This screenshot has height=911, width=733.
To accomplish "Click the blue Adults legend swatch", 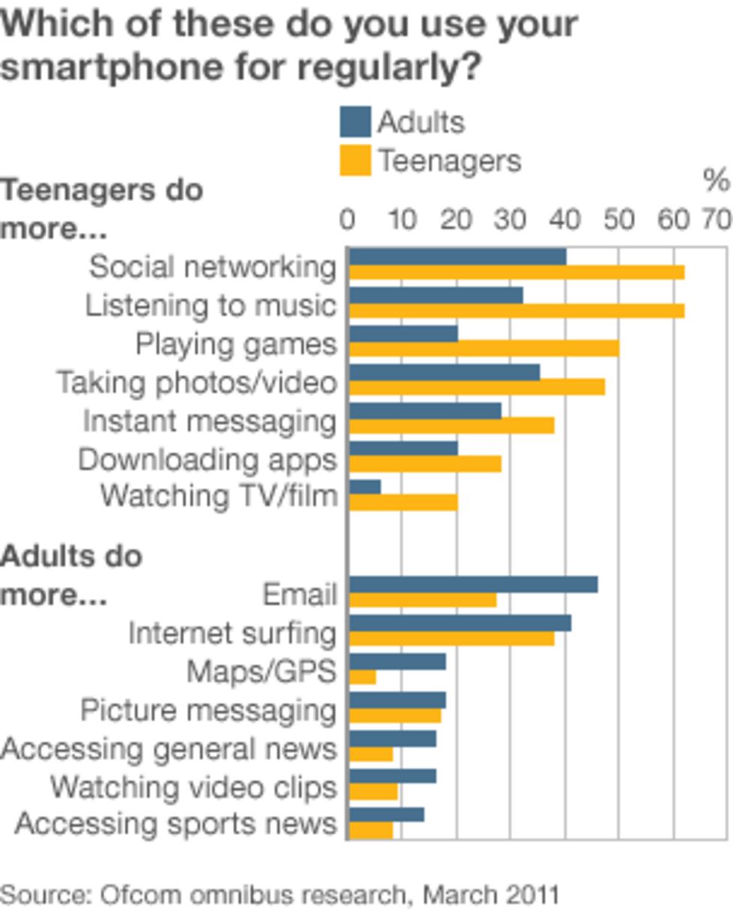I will pos(355,122).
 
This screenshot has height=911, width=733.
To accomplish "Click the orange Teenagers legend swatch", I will pos(355,161).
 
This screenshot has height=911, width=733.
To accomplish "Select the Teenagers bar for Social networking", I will pos(517,272).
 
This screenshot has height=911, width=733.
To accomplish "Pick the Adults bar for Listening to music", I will pos(436,295).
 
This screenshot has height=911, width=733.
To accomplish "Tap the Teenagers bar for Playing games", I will pos(484,348).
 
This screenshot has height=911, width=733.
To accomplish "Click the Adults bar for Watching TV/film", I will pos(365,487).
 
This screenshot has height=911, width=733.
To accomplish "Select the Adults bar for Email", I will pos(473,584).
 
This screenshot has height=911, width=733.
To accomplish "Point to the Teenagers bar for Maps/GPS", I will pos(363,677).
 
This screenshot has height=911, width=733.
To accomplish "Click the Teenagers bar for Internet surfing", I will pos(451,638).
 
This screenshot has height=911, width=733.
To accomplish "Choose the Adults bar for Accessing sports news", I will pos(386,815).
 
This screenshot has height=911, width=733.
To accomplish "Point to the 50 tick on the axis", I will pos(620,220).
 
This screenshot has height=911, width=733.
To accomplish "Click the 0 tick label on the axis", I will pos(347,220).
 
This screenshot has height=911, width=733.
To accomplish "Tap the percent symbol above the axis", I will pos(716,181).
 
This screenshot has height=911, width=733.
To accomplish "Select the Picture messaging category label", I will pos(208,710).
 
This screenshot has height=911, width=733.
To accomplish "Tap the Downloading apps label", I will pos(207,460).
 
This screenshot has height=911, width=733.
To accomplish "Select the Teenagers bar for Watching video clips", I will pos(373,792).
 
